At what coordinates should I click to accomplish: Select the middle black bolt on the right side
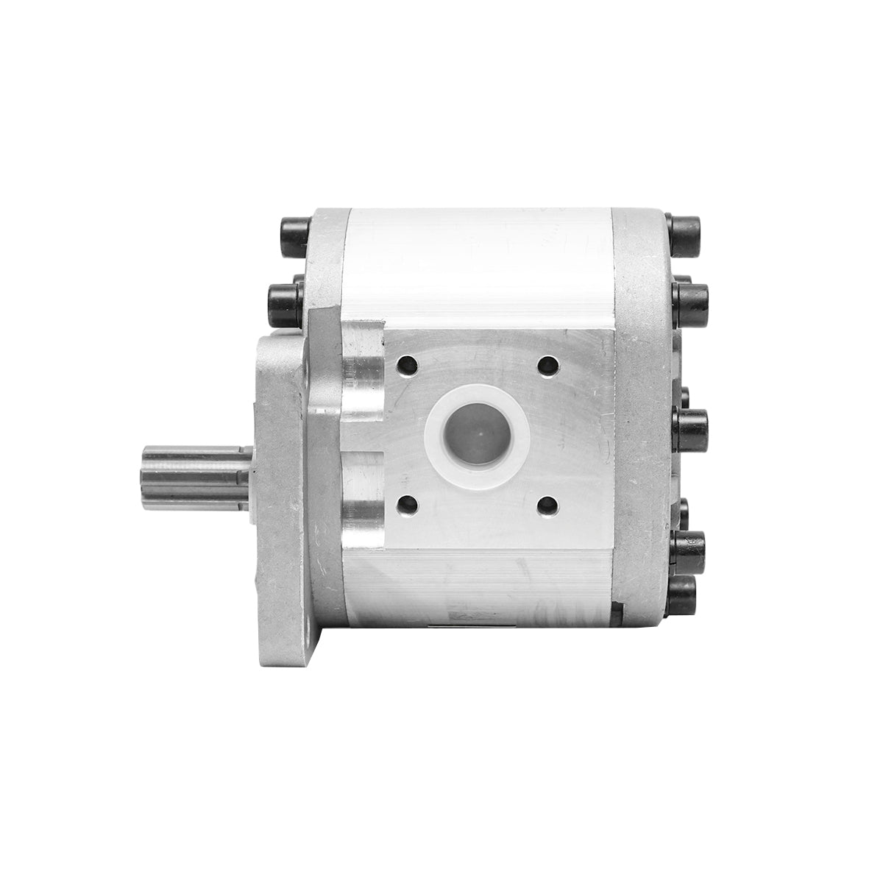pyautogui.click(x=692, y=430)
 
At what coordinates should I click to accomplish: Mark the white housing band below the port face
pyautogui.click(x=478, y=589)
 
